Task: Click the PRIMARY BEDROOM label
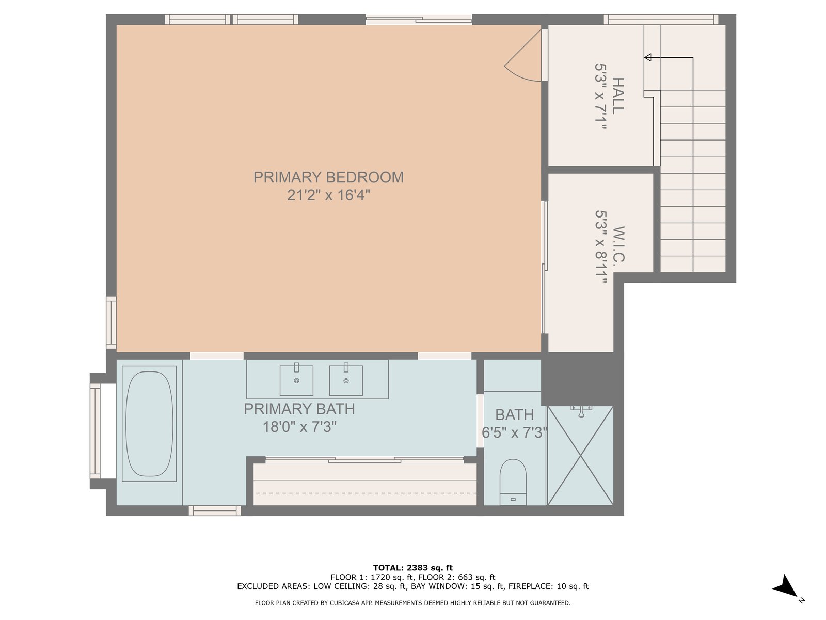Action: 328,177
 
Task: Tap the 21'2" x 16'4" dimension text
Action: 328,195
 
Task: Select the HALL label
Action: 617,96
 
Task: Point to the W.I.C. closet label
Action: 618,245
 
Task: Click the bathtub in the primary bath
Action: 149,424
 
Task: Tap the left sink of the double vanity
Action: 296,380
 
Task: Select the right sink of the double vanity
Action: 346,380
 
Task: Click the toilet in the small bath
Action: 513,482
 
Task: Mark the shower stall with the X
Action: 580,456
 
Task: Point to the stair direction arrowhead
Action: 647,57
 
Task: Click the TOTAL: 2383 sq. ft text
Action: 413,568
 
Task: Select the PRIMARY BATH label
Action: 299,409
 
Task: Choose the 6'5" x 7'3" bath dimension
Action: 514,432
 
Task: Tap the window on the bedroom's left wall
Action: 111,322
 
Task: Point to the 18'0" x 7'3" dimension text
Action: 299,427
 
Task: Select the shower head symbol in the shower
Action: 581,412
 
